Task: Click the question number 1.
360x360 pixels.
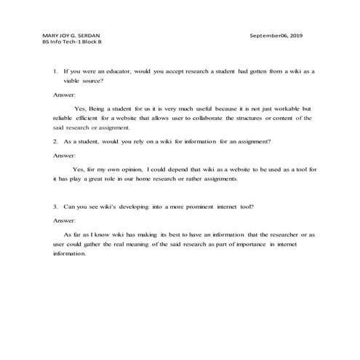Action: tap(55, 73)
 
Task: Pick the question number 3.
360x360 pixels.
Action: tap(55, 207)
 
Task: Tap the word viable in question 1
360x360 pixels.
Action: tap(72, 82)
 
